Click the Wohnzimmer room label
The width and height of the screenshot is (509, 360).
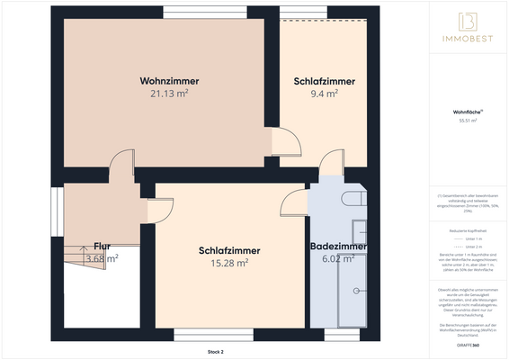[x=169, y=81]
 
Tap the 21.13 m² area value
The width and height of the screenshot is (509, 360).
[x=169, y=93]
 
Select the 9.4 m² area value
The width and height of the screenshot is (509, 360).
[x=324, y=93]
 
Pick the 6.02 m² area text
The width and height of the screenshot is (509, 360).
[x=338, y=258]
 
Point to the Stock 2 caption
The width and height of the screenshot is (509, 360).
[x=214, y=350]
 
